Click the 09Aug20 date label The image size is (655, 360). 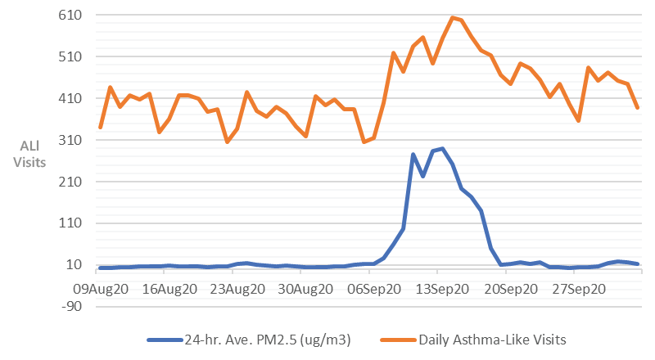click(x=100, y=289)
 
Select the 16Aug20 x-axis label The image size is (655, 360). click(x=169, y=289)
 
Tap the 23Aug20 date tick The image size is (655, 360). click(x=237, y=289)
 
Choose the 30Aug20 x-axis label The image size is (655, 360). click(x=305, y=289)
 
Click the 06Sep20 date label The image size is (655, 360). click(x=373, y=289)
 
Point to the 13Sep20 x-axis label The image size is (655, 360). click(x=442, y=289)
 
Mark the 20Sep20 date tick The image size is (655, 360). click(x=511, y=289)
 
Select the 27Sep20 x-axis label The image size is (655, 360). click(x=580, y=289)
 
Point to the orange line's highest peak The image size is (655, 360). click(x=452, y=17)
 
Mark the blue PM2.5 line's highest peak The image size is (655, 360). click(x=442, y=149)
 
